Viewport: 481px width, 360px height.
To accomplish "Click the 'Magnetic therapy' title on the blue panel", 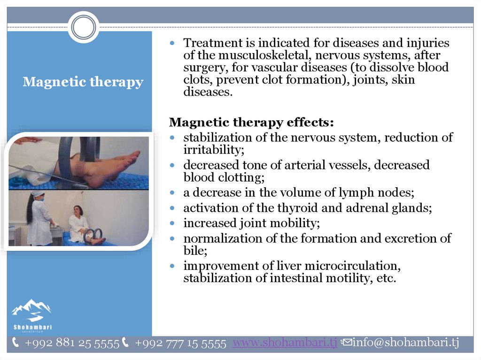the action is [x=83, y=82].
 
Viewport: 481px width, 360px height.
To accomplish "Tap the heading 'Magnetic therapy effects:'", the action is [x=251, y=122].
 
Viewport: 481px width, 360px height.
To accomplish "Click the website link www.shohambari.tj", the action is [x=285, y=342].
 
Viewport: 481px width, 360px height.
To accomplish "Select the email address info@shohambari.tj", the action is [x=405, y=342].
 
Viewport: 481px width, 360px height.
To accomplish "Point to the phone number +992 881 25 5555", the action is [x=72, y=343].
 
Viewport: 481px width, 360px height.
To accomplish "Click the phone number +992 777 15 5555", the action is [x=180, y=343].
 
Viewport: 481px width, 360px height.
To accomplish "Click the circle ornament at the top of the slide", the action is [x=84, y=27].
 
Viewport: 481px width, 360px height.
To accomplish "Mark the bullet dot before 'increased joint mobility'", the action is [x=172, y=223].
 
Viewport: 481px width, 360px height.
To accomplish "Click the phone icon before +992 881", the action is [x=16, y=342].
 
